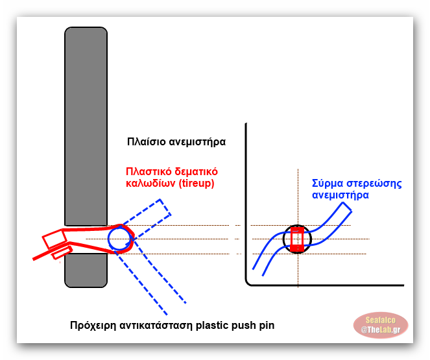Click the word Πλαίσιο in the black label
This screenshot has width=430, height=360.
pyautogui.click(x=146, y=141)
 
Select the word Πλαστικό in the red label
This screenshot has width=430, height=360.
pyautogui.click(x=147, y=172)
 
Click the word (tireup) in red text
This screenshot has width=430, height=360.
pyautogui.click(x=193, y=183)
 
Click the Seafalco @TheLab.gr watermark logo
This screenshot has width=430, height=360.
pyautogui.click(x=380, y=326)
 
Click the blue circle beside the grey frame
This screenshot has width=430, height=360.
pyautogui.click(x=119, y=238)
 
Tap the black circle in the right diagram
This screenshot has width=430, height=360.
pyautogui.click(x=297, y=238)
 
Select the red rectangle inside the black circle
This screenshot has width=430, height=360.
pyautogui.click(x=297, y=239)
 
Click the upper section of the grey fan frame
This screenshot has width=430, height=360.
pyautogui.click(x=86, y=123)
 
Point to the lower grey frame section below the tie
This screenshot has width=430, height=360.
pyautogui.click(x=86, y=270)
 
